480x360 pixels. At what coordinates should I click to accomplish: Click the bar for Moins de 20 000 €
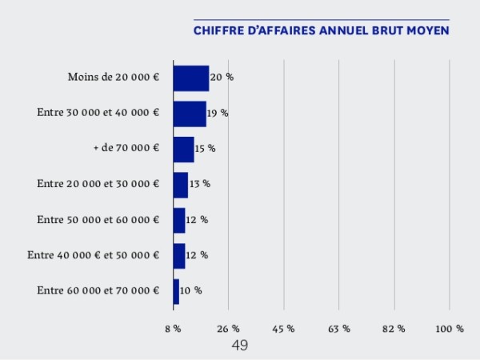tap(191, 78)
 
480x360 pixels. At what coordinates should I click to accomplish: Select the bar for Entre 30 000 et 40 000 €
tap(190, 114)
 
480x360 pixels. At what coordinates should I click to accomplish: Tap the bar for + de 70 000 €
tap(184, 149)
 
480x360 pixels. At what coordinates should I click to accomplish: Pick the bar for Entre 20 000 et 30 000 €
tap(181, 184)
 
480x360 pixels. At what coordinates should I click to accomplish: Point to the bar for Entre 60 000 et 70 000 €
tap(176, 290)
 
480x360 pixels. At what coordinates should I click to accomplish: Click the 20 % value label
tap(222, 78)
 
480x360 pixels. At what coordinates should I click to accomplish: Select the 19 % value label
tap(218, 114)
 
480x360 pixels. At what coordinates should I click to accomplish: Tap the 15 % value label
tap(206, 149)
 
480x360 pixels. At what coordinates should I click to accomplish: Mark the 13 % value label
tap(200, 184)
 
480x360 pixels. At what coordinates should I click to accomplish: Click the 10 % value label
tap(190, 290)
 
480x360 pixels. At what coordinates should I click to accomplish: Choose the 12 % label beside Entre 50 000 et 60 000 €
tap(197, 220)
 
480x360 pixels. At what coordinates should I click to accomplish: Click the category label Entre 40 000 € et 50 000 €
tap(94, 255)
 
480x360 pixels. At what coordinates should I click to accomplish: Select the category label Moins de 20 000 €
tap(114, 78)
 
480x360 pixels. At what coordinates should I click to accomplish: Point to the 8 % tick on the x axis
tap(173, 330)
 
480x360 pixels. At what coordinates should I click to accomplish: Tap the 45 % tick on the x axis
tap(284, 330)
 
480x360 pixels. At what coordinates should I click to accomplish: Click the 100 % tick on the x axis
tap(450, 330)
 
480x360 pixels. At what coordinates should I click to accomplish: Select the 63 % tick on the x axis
tap(339, 330)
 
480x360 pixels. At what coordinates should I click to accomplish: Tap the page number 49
tap(239, 346)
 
